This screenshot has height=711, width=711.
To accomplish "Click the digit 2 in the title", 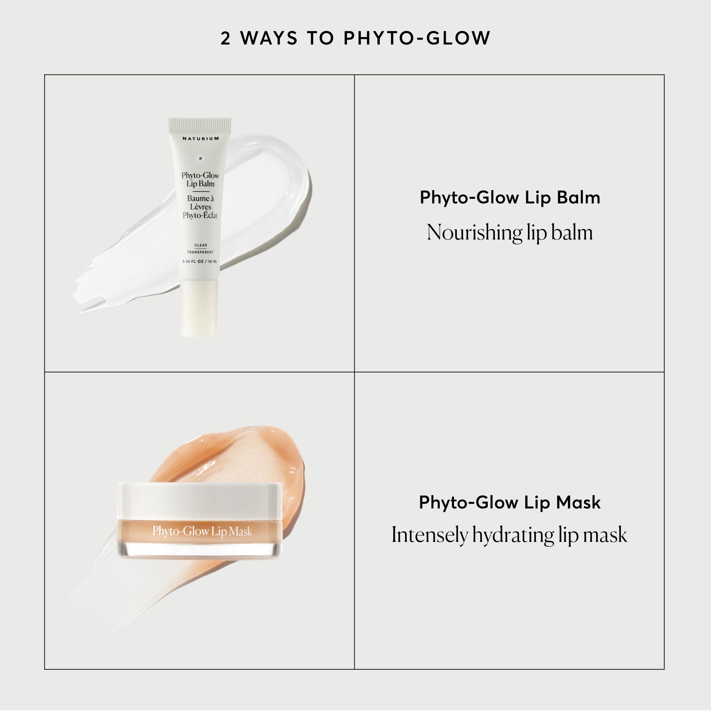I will (225, 39).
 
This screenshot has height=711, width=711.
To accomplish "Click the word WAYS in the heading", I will (269, 39).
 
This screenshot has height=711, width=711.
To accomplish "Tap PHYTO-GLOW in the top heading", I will (417, 39).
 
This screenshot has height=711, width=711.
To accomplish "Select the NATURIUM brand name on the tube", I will (201, 139).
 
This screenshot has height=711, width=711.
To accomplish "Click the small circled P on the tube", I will (201, 159).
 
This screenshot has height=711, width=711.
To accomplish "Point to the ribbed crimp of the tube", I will (200, 124).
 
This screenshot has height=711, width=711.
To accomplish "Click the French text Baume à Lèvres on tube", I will (201, 203).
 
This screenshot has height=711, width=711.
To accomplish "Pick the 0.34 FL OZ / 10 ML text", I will (200, 262).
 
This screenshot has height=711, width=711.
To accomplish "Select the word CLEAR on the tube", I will (201, 245).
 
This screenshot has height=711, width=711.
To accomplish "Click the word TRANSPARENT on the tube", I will (200, 252).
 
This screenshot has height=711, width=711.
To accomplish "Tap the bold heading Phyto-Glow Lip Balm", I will (510, 198).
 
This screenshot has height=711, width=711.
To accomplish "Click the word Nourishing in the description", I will (474, 232).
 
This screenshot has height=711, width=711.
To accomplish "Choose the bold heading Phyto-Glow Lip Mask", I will (510, 503).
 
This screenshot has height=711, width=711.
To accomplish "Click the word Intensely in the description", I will (429, 535).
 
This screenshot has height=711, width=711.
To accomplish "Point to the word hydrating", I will (513, 535).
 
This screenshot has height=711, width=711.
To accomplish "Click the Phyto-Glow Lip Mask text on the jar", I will (202, 531).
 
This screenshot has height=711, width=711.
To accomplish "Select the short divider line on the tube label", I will (201, 191).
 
